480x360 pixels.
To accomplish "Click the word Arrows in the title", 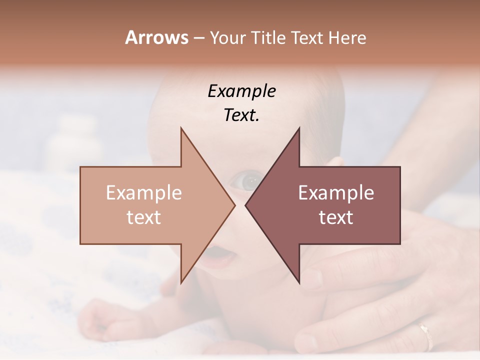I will [156, 37].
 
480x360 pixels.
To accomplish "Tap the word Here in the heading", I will [347, 38].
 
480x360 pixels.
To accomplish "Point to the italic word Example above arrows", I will [241, 91].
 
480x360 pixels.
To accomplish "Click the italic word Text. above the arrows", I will [241, 115].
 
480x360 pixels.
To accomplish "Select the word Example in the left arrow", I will [144, 193].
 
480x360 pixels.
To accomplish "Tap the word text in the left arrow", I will [144, 217].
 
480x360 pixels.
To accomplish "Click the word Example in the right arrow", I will [336, 193].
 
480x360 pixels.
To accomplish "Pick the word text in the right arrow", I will [336, 217].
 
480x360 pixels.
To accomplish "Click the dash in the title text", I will [198, 38].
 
